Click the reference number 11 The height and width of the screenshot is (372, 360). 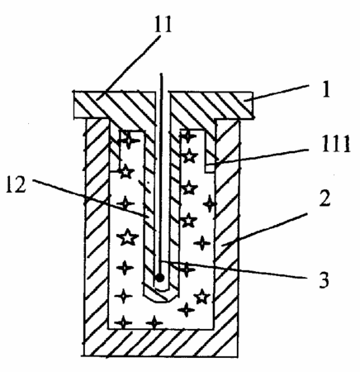click(163, 24)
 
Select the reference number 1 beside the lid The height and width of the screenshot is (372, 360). click(326, 89)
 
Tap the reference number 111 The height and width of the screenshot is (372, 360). click(336, 144)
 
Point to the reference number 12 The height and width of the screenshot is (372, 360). click(16, 184)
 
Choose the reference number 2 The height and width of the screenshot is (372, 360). click(324, 198)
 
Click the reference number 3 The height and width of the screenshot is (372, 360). click(324, 280)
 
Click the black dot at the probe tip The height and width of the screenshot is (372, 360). click(160, 278)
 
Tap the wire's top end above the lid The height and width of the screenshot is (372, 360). click(161, 74)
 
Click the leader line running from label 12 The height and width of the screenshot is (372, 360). click(92, 198)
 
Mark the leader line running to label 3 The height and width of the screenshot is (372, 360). click(234, 269)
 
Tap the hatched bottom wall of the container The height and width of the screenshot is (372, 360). click(161, 342)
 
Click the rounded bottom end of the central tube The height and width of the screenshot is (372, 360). click(160, 294)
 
